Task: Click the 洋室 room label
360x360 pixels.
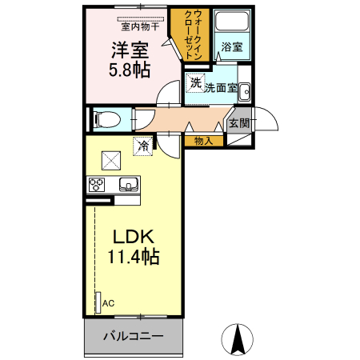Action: [x=129, y=50]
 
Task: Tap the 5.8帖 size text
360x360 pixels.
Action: [x=129, y=70]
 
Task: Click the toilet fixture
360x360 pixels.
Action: [x=107, y=119]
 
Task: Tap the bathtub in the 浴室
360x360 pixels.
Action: [x=233, y=25]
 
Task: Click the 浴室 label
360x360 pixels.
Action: [x=232, y=47]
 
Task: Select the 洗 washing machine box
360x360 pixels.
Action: [x=194, y=83]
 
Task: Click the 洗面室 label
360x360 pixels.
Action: [x=220, y=88]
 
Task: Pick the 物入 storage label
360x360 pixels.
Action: [x=203, y=141]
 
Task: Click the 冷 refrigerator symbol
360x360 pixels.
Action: [x=142, y=146]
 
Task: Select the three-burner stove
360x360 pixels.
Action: [x=96, y=185]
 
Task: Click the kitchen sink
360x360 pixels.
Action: [x=127, y=185]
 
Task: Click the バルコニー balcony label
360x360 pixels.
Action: [x=133, y=337]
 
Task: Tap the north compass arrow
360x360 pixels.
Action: [x=238, y=339]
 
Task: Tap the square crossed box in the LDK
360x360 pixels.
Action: [x=110, y=160]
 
